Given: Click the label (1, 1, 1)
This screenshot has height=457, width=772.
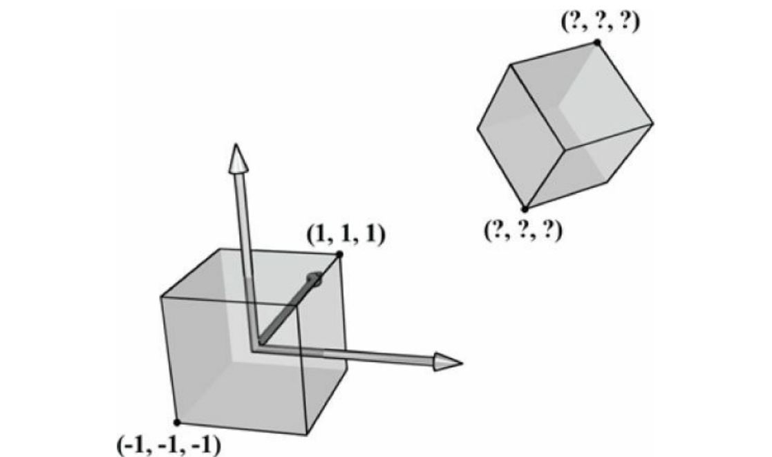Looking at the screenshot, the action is coord(346,236).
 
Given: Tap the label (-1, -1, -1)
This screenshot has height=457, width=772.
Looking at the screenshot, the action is coord(168,443).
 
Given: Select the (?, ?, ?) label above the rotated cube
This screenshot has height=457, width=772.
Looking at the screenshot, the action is coord(600,21).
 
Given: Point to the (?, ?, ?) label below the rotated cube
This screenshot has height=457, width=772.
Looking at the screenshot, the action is coord(523,228).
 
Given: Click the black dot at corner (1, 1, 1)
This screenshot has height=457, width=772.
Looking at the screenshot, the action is coord(340,254).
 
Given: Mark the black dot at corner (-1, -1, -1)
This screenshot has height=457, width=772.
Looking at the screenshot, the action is coord(177,422).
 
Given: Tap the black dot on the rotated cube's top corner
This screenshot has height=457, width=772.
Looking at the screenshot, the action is coord(597,42).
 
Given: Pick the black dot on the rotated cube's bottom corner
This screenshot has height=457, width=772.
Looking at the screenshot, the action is coord(525,209).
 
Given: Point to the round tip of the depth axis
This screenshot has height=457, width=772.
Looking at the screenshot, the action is coord(314,279).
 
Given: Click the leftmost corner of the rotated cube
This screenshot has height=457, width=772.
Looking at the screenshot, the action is coord(478,129).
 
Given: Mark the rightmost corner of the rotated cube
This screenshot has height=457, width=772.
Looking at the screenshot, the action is coord(653,125).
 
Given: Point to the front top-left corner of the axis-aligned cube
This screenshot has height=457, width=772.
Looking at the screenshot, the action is coord(161,297).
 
